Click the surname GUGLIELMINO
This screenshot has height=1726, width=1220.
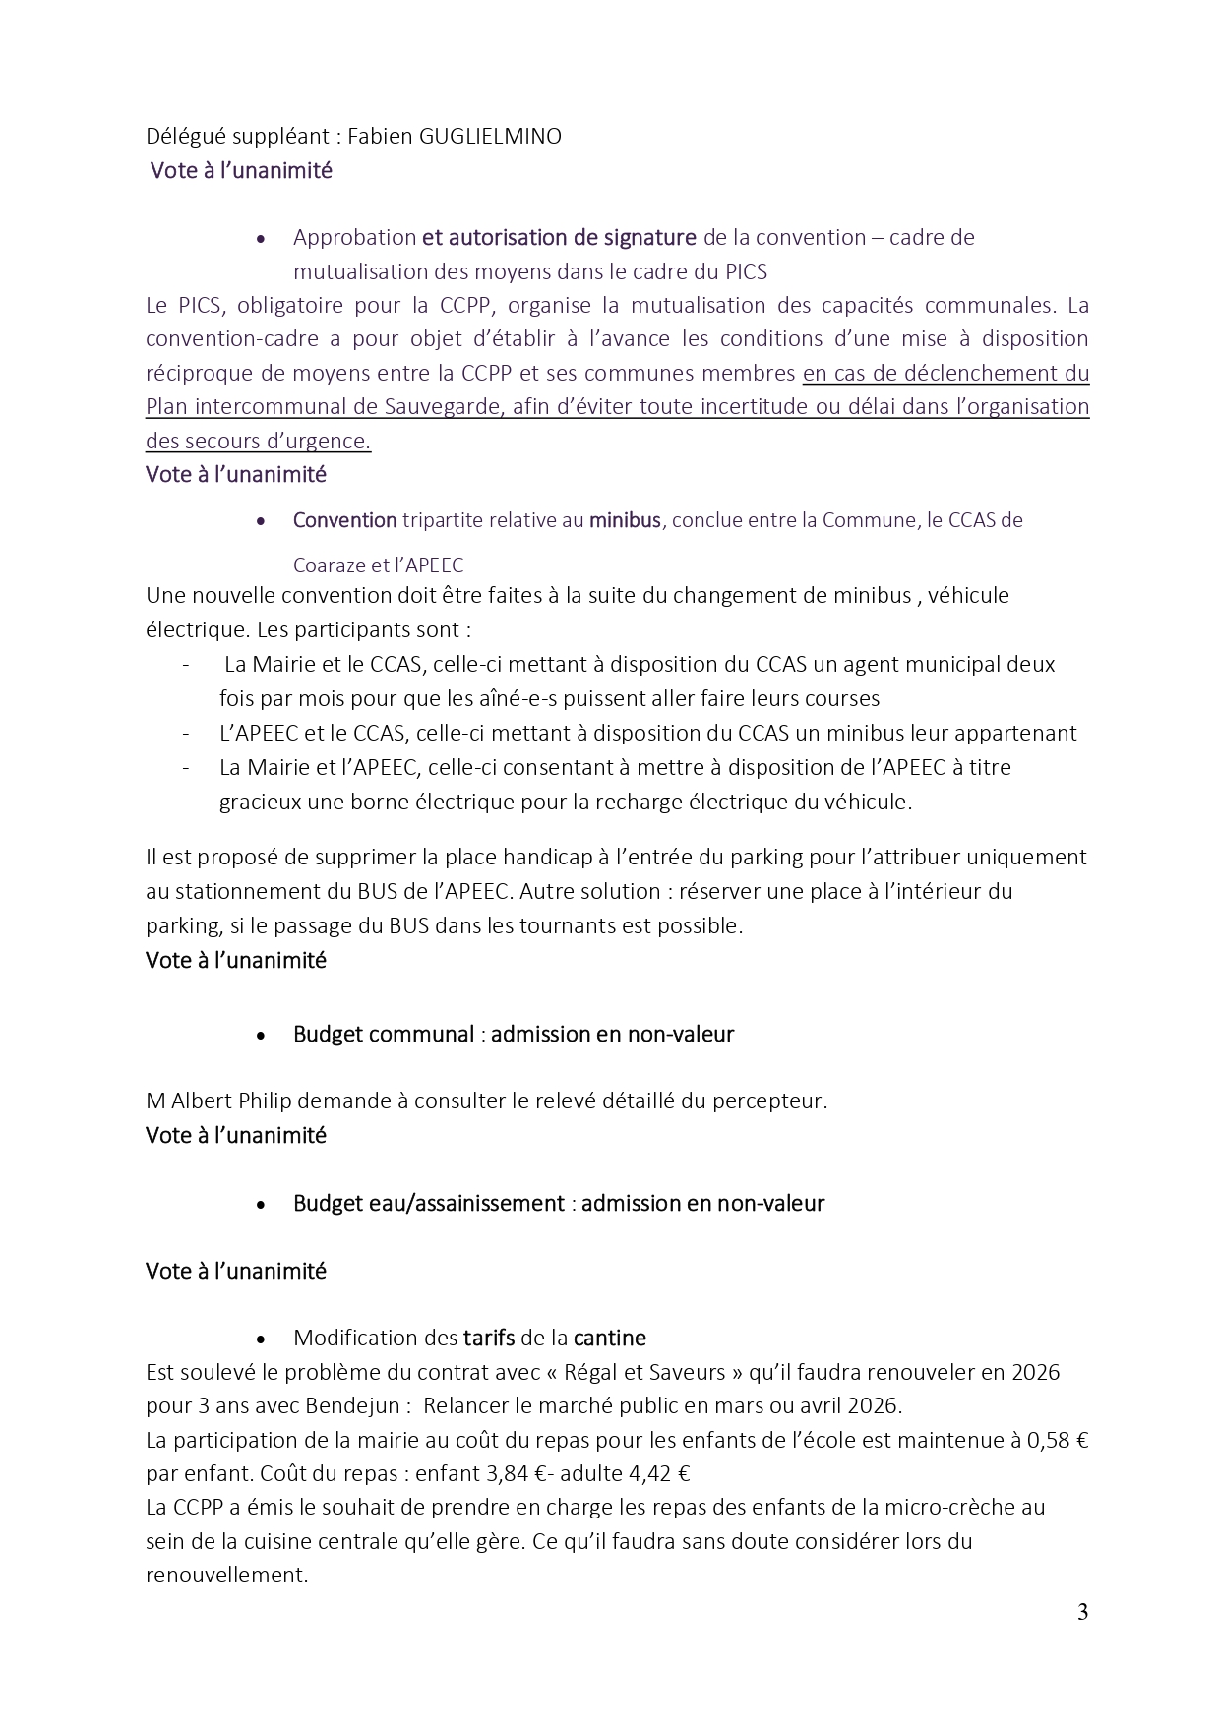tap(490, 137)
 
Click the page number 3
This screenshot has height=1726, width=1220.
tap(1082, 1612)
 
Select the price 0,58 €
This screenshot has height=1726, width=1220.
tap(1058, 1441)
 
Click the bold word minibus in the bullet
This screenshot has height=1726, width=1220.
tap(625, 520)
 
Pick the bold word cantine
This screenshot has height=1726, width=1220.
tap(610, 1338)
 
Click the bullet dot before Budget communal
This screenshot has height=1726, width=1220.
tap(261, 1036)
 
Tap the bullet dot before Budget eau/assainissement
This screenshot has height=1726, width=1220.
tap(261, 1205)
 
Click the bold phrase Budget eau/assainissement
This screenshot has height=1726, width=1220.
tap(429, 1204)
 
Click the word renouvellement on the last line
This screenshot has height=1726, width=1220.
tap(226, 1575)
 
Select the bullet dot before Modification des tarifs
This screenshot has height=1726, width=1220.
tap(261, 1339)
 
